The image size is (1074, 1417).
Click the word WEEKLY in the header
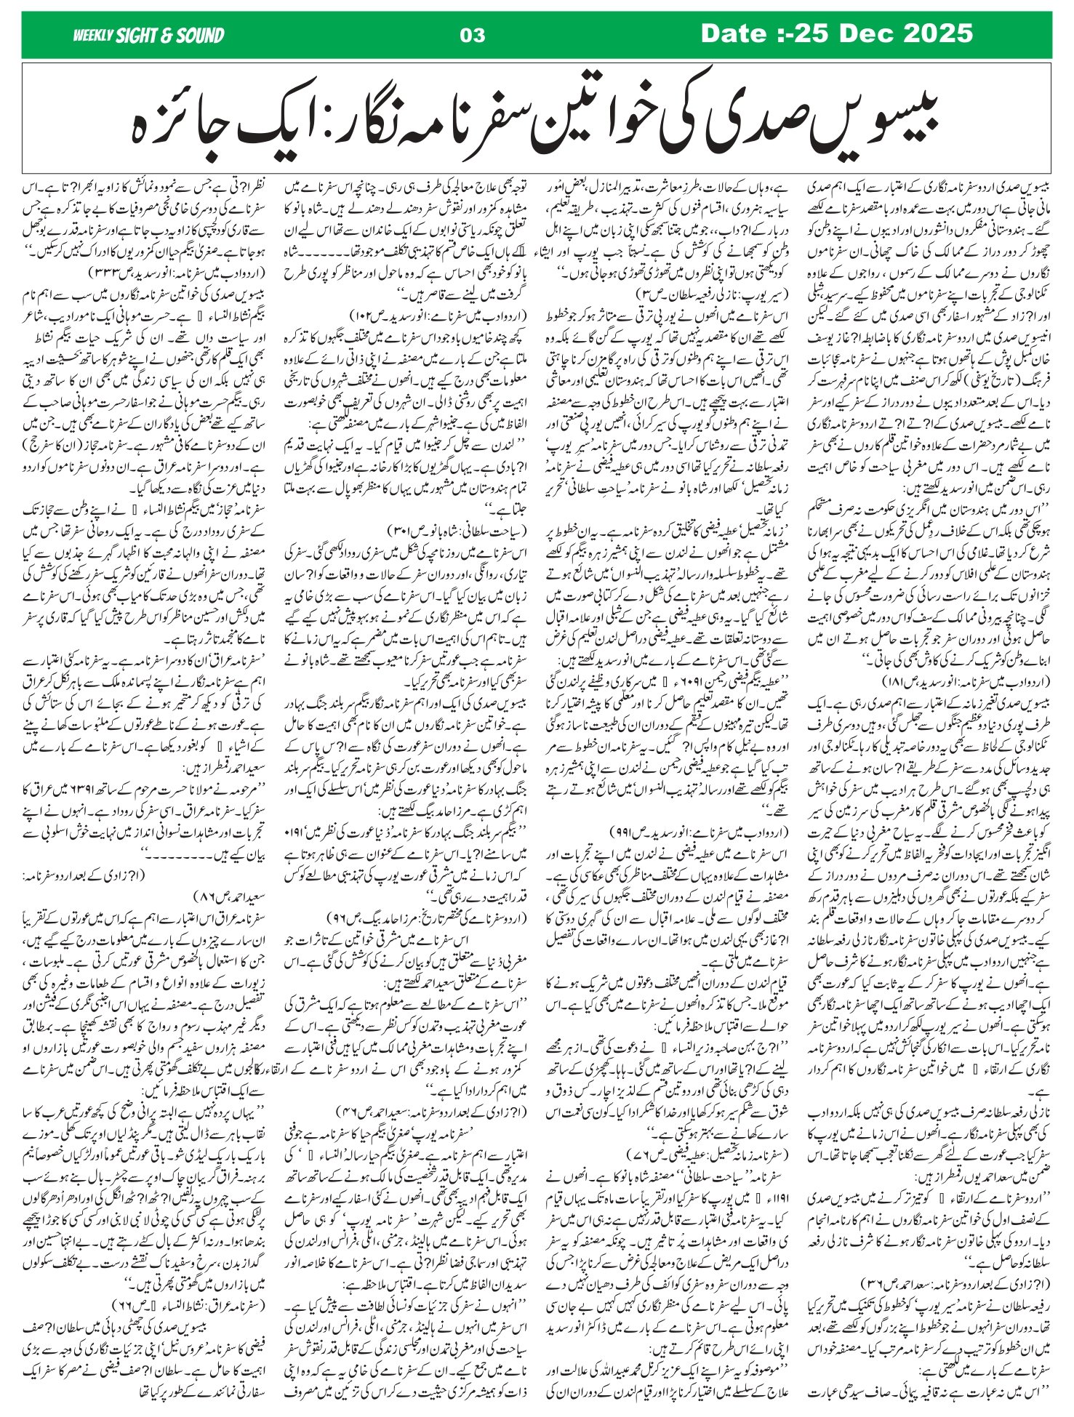[x=92, y=35]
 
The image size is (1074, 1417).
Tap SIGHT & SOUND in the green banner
[x=169, y=35]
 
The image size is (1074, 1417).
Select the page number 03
[x=473, y=35]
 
